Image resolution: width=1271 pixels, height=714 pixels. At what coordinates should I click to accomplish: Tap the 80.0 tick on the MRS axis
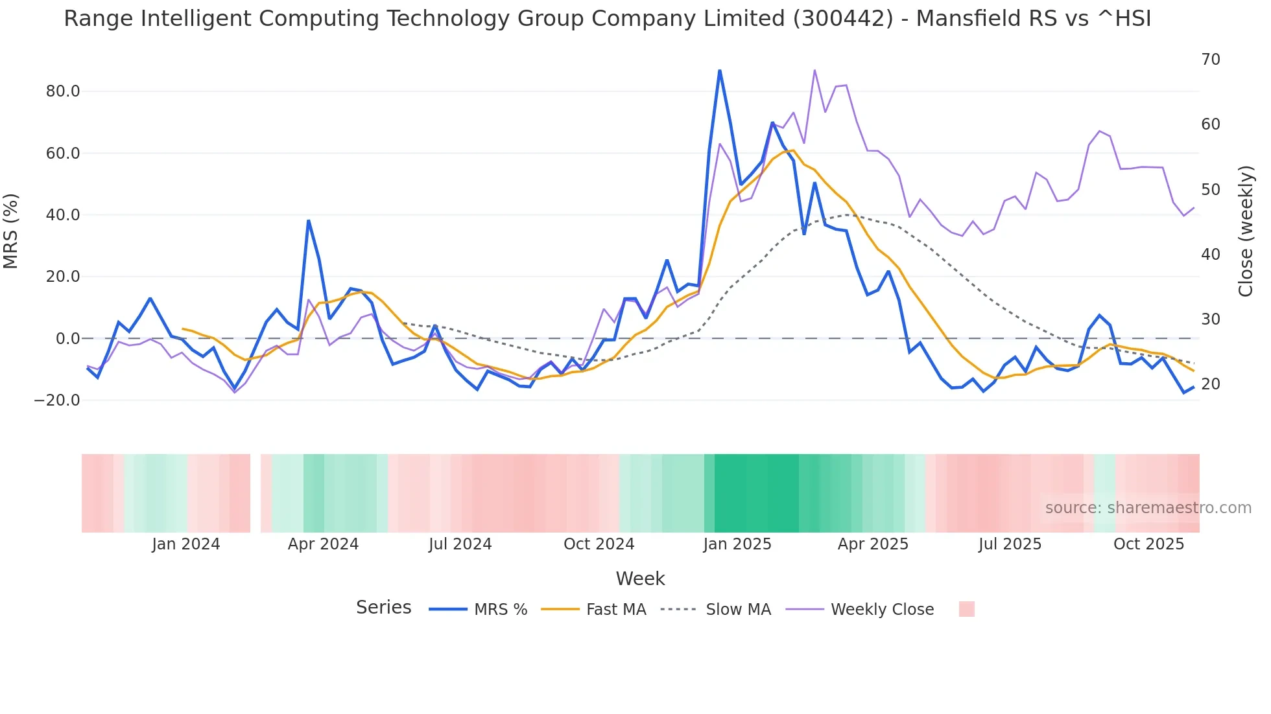coord(63,91)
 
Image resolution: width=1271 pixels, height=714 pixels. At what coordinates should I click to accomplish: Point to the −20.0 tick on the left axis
coord(58,400)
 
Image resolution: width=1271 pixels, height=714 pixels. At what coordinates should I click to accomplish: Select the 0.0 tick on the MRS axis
coord(67,339)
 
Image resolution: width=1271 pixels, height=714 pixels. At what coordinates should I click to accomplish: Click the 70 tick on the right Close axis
coord(1210,60)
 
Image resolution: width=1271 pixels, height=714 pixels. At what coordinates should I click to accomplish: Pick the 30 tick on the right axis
coord(1210,319)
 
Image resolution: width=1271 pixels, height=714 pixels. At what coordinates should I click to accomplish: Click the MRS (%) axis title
coord(11,231)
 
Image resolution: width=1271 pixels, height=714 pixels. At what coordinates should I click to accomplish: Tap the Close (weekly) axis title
coord(1245,231)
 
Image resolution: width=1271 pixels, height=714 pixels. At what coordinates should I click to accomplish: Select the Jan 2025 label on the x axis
coord(737,544)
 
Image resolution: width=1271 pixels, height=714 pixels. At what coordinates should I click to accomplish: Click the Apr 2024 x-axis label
coord(323,544)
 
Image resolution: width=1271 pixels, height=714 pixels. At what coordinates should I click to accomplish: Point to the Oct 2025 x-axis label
coord(1148,544)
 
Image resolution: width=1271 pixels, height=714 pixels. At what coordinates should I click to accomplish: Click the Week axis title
coord(640,579)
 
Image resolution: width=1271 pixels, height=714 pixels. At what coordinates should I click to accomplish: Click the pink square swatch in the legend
coord(966,609)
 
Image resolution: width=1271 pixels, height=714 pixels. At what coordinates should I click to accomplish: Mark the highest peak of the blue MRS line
coord(720,71)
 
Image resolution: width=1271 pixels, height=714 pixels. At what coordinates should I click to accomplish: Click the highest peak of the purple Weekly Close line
coord(814,71)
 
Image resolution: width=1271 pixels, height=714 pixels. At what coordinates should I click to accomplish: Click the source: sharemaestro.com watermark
coord(1148,508)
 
